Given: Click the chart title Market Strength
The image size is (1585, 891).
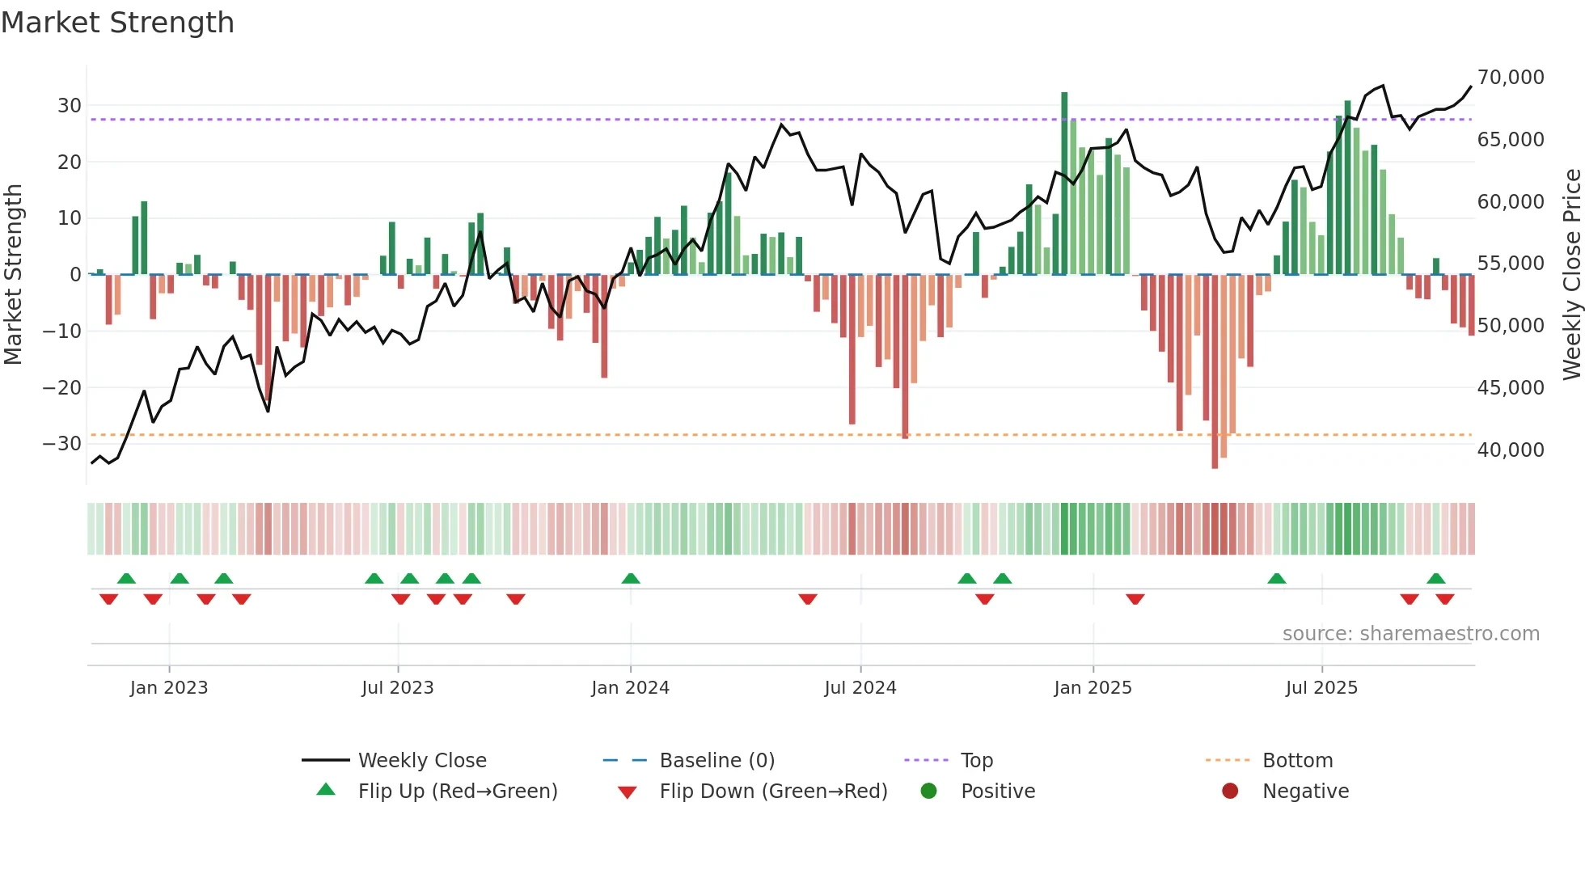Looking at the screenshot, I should [117, 23].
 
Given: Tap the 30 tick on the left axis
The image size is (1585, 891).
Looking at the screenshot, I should [70, 106].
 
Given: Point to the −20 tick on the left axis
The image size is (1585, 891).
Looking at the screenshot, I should [62, 388].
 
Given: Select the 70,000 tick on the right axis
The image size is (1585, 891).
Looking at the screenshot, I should [1511, 78].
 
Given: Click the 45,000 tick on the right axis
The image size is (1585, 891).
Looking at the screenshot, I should [1511, 388].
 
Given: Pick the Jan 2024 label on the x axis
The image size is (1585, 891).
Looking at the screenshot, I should [630, 688].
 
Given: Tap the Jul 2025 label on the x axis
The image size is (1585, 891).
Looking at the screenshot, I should [1321, 688].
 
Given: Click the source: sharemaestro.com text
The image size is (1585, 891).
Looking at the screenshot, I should [1410, 634].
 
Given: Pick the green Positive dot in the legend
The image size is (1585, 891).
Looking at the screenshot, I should [928, 792].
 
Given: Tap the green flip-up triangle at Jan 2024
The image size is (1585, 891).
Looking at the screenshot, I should [631, 578].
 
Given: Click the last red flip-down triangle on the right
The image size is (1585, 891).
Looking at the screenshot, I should [1445, 599].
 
